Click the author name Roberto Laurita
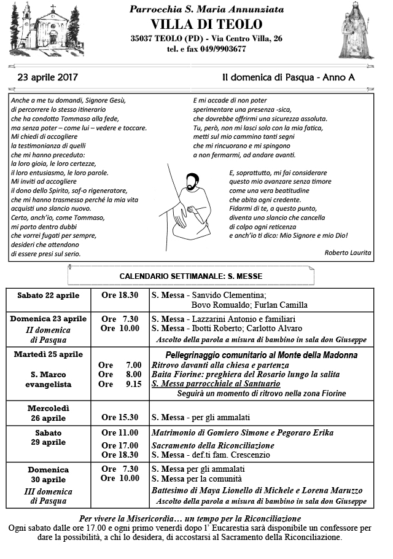pos(348,252)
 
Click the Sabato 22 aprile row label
pos(48,295)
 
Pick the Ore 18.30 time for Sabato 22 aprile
pos(120,295)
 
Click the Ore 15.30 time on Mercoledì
pos(120,418)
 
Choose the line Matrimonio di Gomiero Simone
pos(242,433)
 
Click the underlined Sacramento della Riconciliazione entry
pos(212,445)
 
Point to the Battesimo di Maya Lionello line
pos(256,490)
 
